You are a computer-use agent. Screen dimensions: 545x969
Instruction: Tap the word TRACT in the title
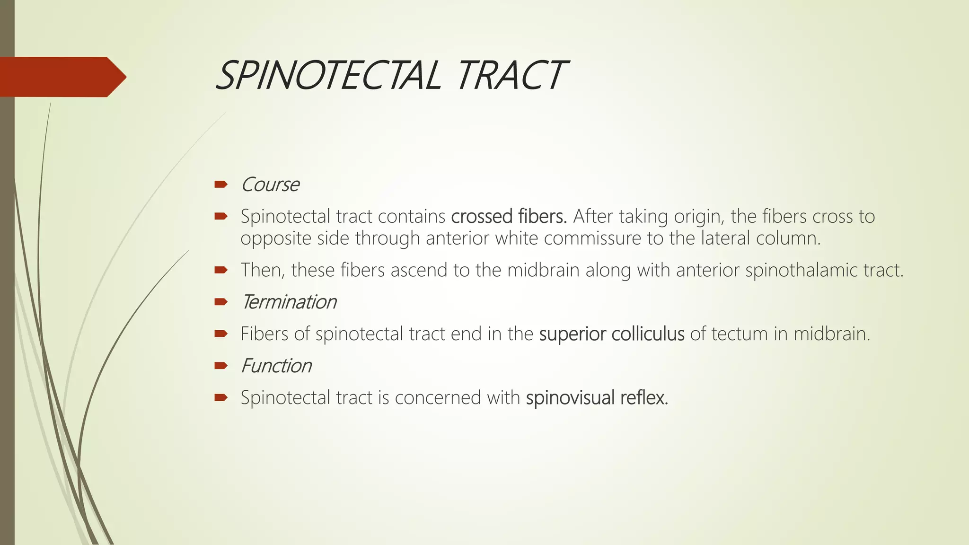pos(511,76)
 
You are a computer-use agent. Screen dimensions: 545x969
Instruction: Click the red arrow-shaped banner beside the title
pos(62,77)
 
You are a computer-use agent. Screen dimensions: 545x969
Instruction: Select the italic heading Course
pos(270,185)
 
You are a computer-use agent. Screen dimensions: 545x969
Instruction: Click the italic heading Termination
pos(289,302)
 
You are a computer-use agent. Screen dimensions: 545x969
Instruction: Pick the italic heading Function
pos(276,366)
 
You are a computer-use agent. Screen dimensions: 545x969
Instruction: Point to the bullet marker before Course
pos(220,184)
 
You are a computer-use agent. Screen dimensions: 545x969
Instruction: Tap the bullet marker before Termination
pos(220,301)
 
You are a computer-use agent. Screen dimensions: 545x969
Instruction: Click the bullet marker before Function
pos(220,365)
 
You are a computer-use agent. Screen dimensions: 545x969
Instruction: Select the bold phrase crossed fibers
pos(509,216)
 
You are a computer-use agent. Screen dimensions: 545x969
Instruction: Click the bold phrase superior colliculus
pos(611,334)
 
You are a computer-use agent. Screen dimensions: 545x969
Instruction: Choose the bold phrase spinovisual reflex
pos(597,398)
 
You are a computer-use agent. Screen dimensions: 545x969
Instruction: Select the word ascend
pos(419,270)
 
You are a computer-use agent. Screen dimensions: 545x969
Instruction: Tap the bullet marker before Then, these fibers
pos(220,270)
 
